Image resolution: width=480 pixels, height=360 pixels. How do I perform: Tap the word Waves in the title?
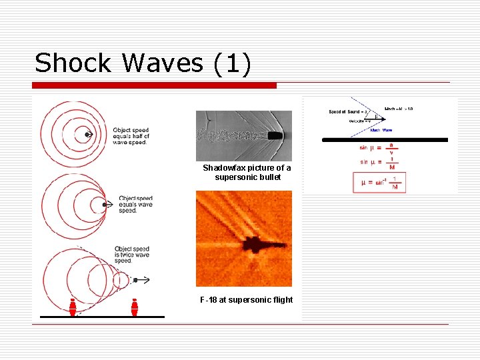(162, 63)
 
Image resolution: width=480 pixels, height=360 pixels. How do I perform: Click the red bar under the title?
(155, 85)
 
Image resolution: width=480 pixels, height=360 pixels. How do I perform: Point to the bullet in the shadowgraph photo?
(275, 136)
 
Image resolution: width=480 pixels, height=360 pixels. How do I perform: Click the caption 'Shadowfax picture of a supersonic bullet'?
(247, 173)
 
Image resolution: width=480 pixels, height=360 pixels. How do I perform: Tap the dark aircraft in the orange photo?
(253, 243)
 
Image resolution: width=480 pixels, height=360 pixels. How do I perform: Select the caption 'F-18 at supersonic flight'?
(247, 300)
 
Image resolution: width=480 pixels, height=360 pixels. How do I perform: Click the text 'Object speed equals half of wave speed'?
(131, 136)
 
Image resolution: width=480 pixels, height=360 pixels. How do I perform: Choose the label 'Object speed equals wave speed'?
(135, 204)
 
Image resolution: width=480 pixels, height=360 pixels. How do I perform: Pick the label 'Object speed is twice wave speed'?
(132, 255)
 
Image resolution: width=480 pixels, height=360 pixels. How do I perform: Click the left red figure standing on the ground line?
(73, 307)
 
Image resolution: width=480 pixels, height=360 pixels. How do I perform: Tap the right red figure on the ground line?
(135, 307)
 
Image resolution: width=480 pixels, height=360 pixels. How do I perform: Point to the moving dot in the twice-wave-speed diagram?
(135, 281)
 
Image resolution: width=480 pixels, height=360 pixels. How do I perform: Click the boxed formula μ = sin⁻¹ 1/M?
(379, 183)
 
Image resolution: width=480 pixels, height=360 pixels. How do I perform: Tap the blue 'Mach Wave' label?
(382, 130)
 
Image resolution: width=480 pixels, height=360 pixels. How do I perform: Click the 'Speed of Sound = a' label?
(345, 111)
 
